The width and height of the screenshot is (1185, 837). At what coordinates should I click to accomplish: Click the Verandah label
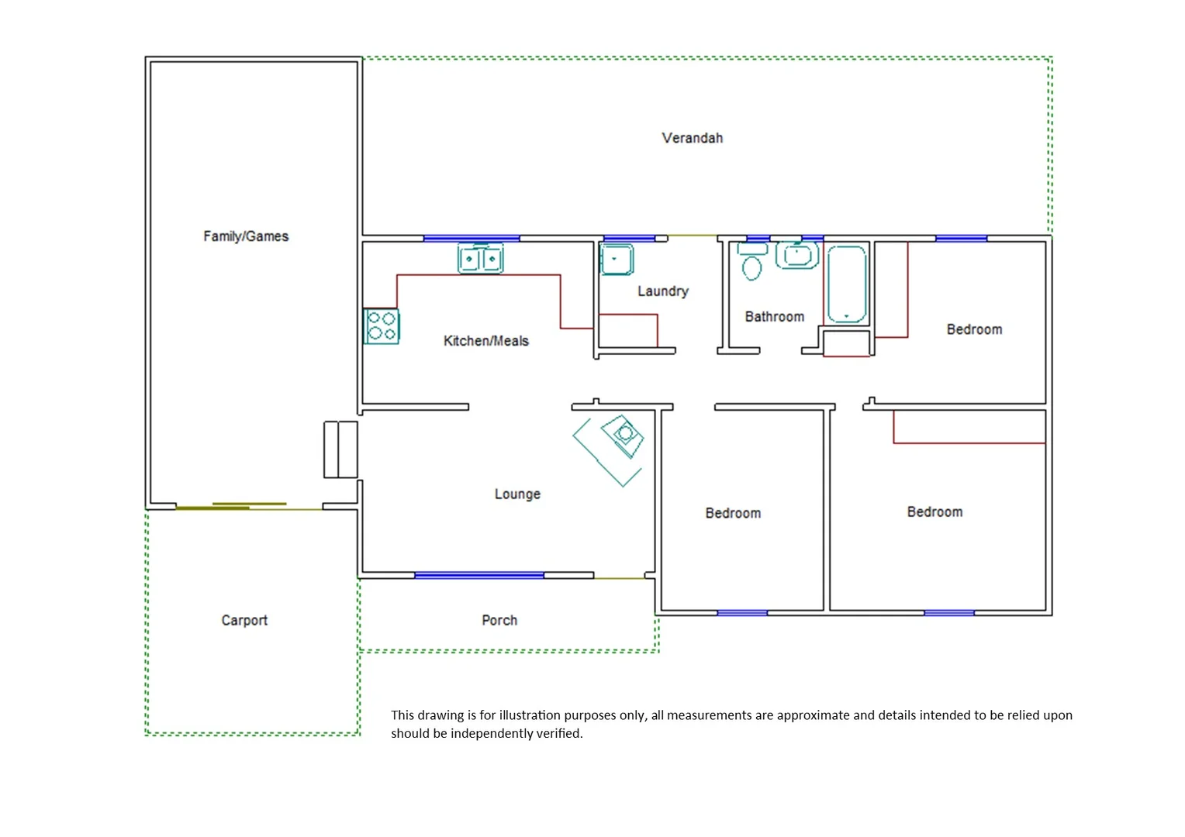tap(692, 138)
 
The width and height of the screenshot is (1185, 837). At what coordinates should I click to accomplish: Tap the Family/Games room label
tap(246, 236)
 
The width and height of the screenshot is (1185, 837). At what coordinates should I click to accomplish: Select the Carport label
tap(244, 620)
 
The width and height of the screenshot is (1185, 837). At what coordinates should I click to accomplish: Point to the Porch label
tap(499, 620)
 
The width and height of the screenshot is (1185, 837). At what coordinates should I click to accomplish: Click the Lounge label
tap(517, 494)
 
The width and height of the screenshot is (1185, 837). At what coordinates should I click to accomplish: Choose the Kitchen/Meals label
tap(486, 340)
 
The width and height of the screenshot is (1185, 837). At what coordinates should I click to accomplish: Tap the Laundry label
tap(663, 291)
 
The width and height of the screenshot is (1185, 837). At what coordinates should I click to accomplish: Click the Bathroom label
tap(774, 316)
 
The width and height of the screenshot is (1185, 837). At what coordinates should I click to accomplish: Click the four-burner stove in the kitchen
tap(382, 326)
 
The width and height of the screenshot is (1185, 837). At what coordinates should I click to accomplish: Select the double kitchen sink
tap(481, 259)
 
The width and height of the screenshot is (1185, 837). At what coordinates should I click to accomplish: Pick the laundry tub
tap(617, 260)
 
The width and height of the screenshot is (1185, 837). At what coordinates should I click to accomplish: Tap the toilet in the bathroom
tap(751, 262)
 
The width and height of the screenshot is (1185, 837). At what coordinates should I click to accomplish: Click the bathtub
tap(846, 284)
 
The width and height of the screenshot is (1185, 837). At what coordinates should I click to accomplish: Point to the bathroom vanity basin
tap(796, 254)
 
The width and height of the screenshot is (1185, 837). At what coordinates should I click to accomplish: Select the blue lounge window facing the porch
tap(479, 576)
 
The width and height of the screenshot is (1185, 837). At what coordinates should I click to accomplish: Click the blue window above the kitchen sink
tap(472, 238)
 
